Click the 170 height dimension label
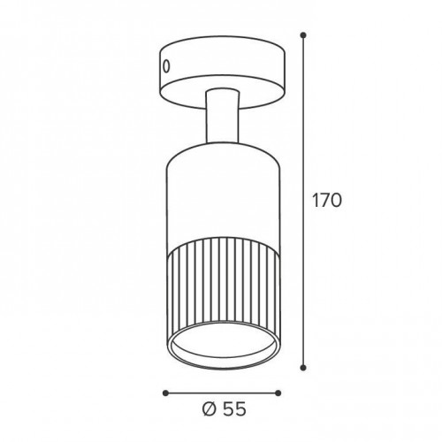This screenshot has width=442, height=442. [x=327, y=201]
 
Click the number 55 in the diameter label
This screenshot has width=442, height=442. [x=234, y=409]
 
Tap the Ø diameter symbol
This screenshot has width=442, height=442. [x=210, y=409]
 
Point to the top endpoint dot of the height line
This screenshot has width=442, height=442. [x=303, y=35]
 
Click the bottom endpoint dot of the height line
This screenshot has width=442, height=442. [x=303, y=368]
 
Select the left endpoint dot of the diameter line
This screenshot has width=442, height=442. [x=165, y=392]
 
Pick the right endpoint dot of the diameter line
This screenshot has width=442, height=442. [x=278, y=392]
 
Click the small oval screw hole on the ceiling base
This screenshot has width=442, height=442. [x=166, y=66]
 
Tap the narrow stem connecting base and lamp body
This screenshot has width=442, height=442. [x=223, y=117]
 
